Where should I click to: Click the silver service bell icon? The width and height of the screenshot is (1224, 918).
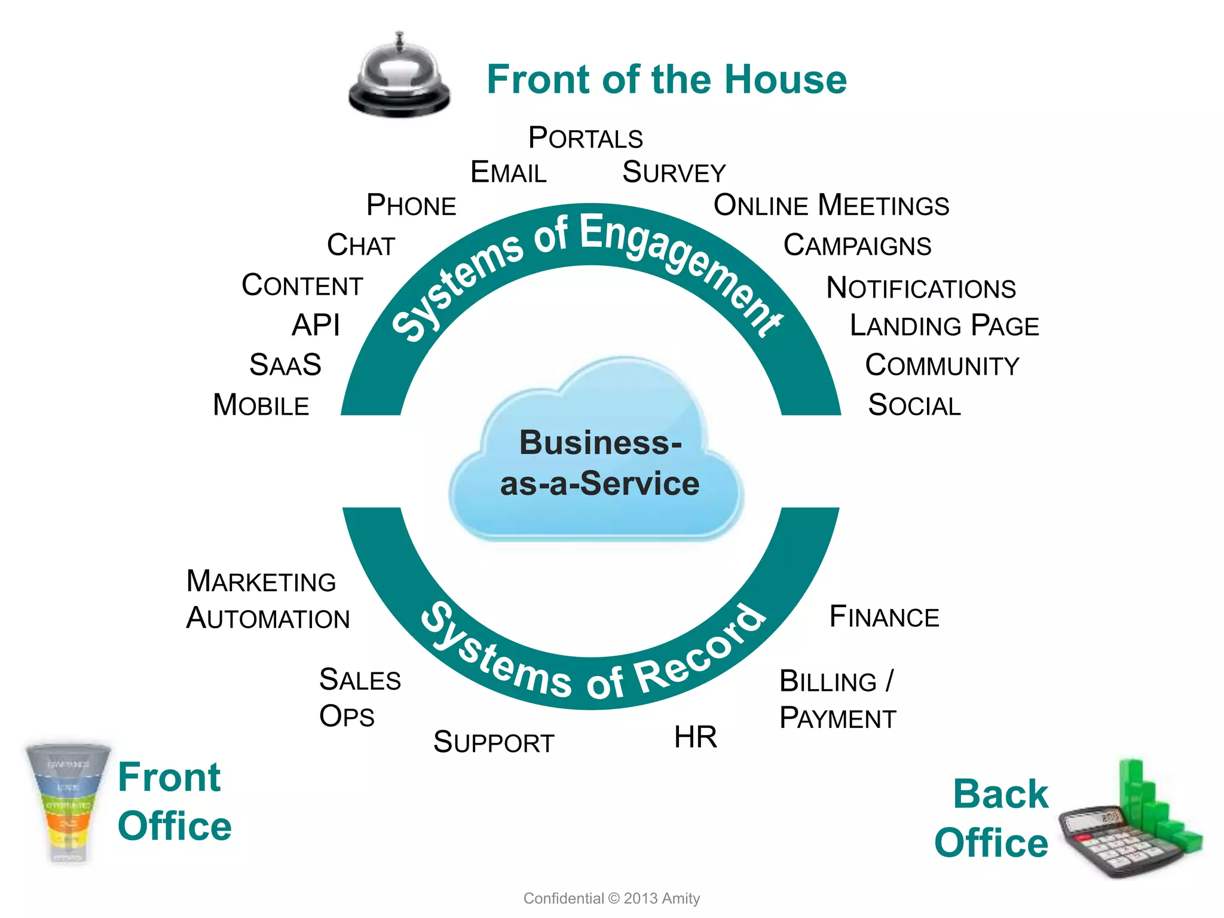click(x=399, y=76)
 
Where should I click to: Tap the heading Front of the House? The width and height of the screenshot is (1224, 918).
click(x=666, y=79)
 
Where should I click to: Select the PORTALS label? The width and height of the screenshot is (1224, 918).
click(x=585, y=138)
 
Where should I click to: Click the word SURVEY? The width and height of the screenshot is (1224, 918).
click(x=674, y=173)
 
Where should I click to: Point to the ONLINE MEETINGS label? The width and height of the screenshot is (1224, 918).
click(x=831, y=206)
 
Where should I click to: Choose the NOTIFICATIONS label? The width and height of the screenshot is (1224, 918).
click(x=920, y=288)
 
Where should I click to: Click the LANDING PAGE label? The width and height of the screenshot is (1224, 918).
click(x=944, y=326)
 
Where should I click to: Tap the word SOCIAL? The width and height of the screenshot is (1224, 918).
click(x=914, y=405)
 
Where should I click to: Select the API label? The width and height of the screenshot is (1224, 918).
click(x=316, y=326)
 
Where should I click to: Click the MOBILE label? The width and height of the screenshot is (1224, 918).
click(x=261, y=405)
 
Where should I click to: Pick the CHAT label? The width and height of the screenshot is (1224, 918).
click(x=361, y=246)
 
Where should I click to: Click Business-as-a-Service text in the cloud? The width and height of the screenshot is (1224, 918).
click(x=599, y=463)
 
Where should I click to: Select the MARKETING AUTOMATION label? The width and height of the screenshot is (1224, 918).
click(x=267, y=599)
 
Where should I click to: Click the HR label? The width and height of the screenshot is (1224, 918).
click(x=695, y=737)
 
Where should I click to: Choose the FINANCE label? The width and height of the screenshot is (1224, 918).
click(x=884, y=617)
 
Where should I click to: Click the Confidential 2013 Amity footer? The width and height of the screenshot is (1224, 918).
click(x=611, y=898)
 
